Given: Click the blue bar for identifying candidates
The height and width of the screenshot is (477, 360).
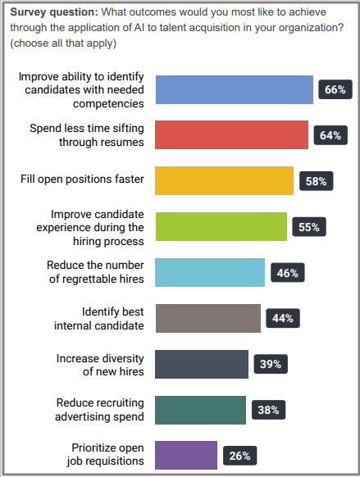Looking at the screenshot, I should point(235,89).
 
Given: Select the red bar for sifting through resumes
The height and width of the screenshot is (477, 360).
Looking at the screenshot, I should point(232,135).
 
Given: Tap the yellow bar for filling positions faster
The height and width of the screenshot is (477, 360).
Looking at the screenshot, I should point(224,181).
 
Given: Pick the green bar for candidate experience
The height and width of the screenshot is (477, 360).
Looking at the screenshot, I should point(221,227).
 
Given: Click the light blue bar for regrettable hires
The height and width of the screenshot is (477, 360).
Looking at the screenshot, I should point(210,272).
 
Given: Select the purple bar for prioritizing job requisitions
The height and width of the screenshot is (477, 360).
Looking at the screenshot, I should point(186,455).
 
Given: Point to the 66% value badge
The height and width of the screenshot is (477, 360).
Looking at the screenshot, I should point(335,89).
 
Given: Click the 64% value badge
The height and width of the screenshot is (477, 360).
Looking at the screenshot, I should point(330,135).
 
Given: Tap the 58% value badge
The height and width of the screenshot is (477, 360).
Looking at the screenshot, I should point(316,181).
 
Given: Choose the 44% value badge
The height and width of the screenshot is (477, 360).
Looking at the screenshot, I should point(283,318).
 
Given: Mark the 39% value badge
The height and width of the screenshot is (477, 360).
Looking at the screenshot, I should point(271,364).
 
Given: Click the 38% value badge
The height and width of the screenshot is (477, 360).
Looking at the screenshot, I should point(268,410).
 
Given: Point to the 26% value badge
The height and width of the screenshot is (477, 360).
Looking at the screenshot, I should point(239,455).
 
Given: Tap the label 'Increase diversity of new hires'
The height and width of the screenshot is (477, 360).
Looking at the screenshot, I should point(101,364).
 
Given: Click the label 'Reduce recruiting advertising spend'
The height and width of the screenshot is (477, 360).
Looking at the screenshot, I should point(101,410).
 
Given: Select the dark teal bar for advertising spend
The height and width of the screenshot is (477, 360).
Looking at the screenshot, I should point(200,410).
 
